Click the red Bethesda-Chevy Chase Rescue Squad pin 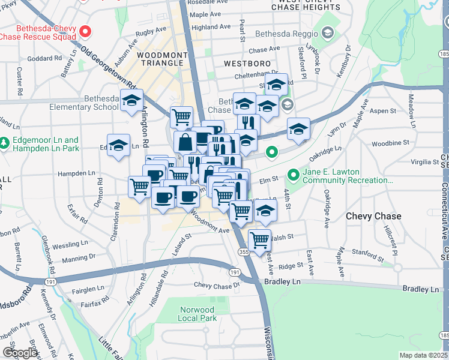click(85, 31)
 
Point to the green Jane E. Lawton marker click(294, 175)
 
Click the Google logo click(20, 353)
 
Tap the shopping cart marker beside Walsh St click(259, 240)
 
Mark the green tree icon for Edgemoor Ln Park click(5, 144)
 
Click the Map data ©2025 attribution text click(423, 355)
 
